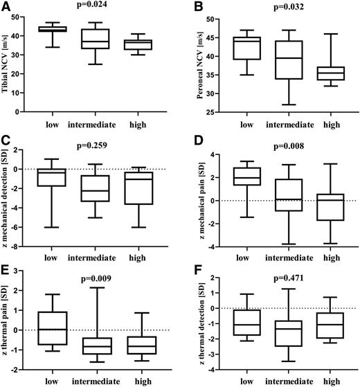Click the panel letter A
point(5,6)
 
